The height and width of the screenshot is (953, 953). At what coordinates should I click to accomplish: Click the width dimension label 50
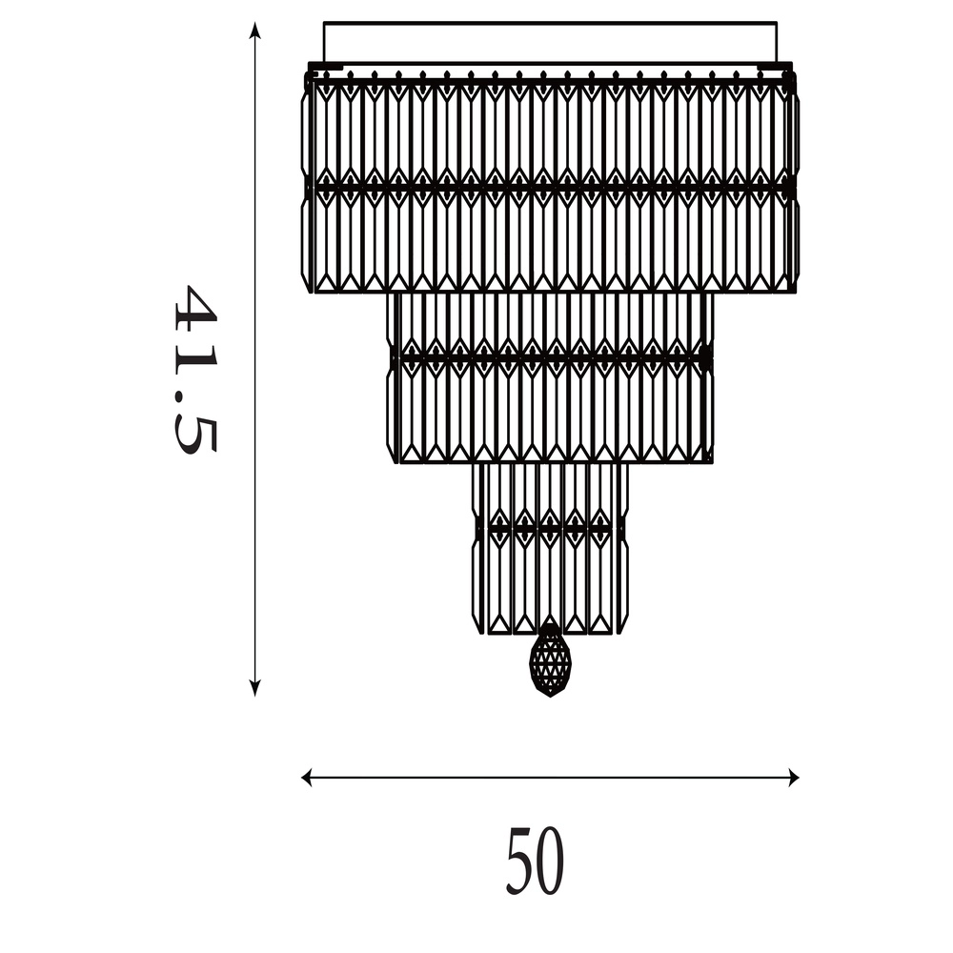536,861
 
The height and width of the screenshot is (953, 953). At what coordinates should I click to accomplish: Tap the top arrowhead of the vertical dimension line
255,30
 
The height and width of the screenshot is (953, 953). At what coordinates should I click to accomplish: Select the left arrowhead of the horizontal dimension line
307,778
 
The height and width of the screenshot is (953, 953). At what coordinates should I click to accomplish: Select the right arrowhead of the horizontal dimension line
793,778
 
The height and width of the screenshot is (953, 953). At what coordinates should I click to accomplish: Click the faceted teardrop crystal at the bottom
550,660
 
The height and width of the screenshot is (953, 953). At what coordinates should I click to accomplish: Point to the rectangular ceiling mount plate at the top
550,43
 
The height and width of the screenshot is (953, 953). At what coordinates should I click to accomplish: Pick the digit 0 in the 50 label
550,862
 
